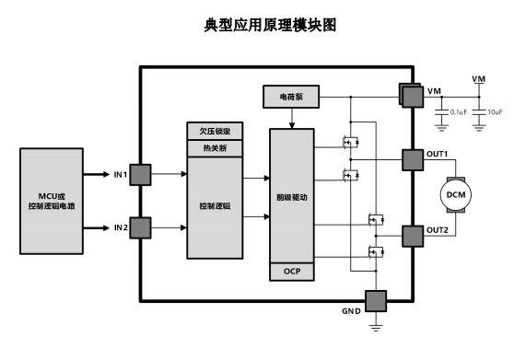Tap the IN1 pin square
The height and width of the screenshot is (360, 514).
(x=140, y=174)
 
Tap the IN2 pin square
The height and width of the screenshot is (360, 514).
(x=140, y=226)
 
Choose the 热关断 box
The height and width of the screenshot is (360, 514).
(x=214, y=147)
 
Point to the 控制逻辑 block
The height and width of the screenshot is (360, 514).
(x=214, y=207)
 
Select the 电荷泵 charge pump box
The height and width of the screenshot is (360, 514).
(x=290, y=96)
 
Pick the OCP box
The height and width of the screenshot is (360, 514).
(x=291, y=271)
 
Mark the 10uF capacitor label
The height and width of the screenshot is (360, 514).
(x=494, y=111)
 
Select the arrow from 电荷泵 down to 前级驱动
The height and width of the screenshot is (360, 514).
(x=291, y=117)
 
